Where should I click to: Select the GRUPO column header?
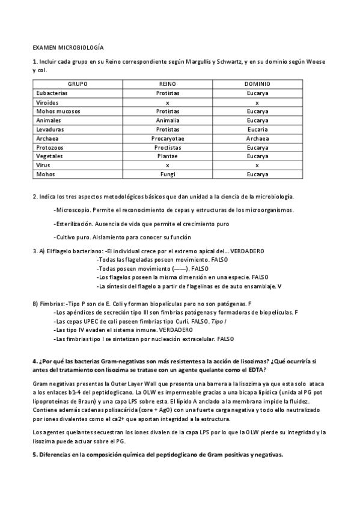point(78,84)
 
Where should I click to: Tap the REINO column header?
point(168,84)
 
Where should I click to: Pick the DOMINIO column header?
point(257,84)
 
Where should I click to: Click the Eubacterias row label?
point(52,93)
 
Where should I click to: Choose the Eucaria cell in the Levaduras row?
point(257,129)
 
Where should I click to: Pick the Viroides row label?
point(47,102)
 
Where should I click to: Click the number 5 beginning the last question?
point(34,453)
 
